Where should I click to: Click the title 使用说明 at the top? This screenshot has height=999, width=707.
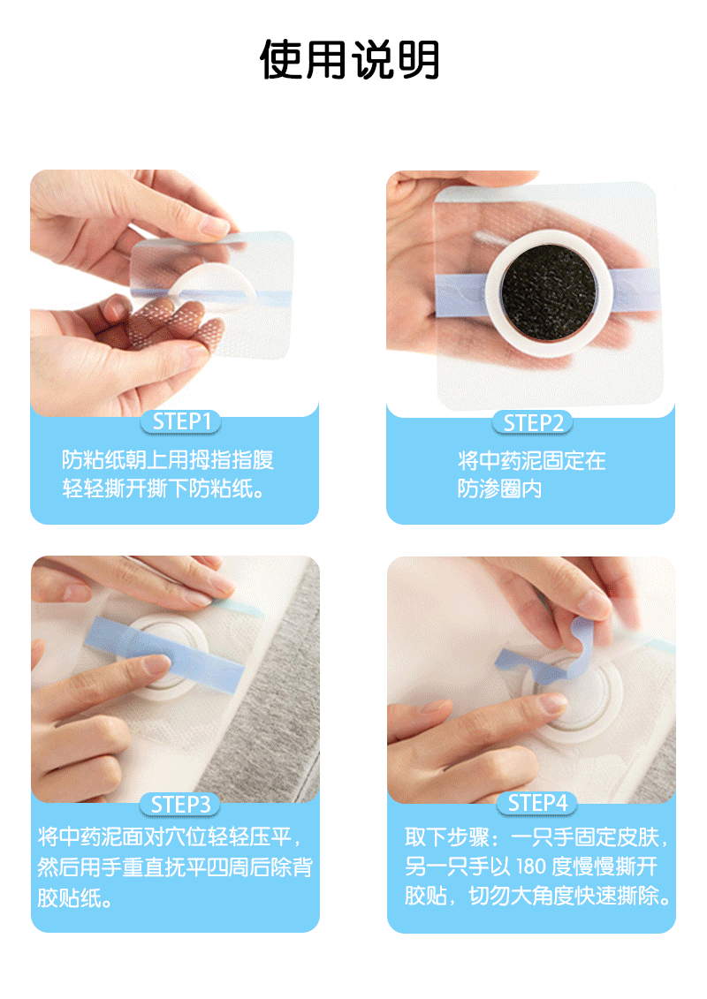[x=349, y=60]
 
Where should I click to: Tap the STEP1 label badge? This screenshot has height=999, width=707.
[x=181, y=422]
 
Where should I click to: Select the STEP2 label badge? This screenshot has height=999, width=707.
[x=533, y=422]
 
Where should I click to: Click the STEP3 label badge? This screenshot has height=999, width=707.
[x=180, y=805]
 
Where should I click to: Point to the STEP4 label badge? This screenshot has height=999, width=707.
[x=536, y=804]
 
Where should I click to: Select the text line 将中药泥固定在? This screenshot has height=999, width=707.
[x=532, y=460]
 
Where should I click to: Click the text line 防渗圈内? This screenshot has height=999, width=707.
[x=500, y=488]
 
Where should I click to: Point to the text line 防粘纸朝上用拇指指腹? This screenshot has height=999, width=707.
[x=168, y=459]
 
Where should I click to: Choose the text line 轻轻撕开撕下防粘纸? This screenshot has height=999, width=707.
[x=163, y=488]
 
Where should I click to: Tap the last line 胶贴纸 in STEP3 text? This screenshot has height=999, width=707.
[x=75, y=897]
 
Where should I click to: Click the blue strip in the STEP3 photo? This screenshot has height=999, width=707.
[x=167, y=654]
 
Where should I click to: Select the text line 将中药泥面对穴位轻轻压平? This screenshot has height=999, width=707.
[x=170, y=836]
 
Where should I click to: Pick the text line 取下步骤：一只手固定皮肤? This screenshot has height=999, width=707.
[x=536, y=837]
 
